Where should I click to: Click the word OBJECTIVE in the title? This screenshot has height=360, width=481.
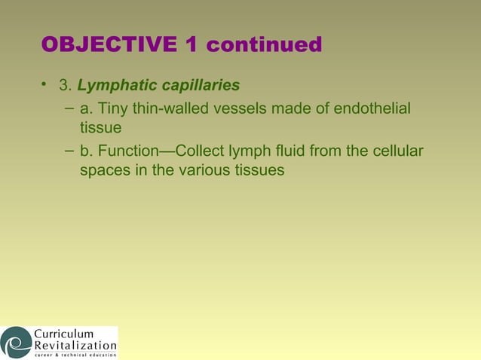point(109,45)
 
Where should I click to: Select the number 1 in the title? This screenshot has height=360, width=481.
point(191,45)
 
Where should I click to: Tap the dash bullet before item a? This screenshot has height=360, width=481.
point(69,108)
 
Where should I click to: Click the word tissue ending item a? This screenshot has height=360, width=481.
point(100,128)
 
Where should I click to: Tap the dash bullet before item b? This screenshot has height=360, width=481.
point(69,151)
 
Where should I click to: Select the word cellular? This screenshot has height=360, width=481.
point(397,153)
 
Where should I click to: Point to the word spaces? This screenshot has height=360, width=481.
point(106,171)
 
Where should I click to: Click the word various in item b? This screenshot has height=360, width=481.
point(206,171)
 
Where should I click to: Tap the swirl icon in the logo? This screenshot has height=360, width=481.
point(16,343)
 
